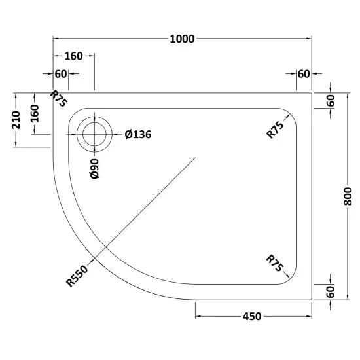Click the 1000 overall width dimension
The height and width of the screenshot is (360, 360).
pyautogui.click(x=182, y=39)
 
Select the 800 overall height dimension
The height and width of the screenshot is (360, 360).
pyautogui.click(x=348, y=196)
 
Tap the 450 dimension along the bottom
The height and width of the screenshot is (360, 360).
pyautogui.click(x=252, y=316)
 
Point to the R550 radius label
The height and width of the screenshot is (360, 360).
pyautogui.click(x=77, y=276)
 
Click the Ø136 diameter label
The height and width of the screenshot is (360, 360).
pyautogui.click(x=138, y=134)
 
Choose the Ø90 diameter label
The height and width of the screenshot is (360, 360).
pyautogui.click(x=95, y=169)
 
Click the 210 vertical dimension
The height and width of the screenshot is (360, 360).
pyautogui.click(x=16, y=120)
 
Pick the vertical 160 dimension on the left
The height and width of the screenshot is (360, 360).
pyautogui.click(x=35, y=113)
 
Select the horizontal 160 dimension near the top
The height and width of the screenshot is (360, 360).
pyautogui.click(x=73, y=56)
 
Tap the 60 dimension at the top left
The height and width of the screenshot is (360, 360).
pyautogui.click(x=61, y=74)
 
